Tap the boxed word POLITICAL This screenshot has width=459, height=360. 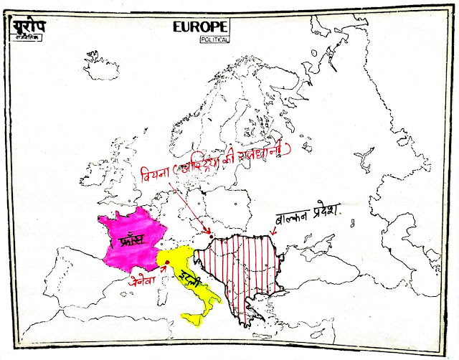(215, 40)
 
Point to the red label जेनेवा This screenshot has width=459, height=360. (146, 275)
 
